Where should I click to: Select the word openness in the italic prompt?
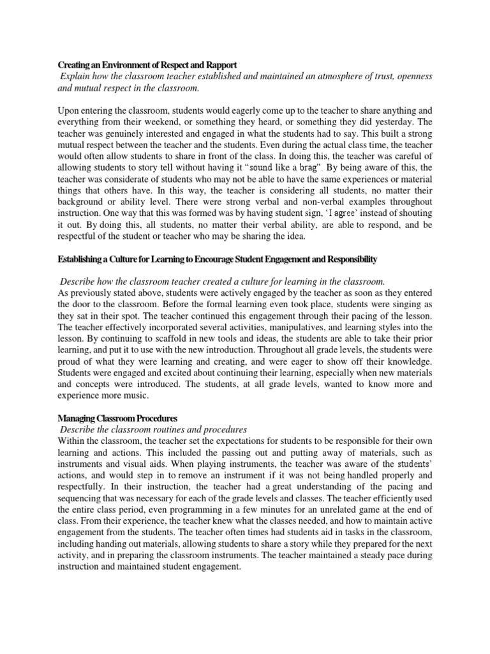click(x=411, y=76)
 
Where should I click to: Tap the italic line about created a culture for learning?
click(x=222, y=282)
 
